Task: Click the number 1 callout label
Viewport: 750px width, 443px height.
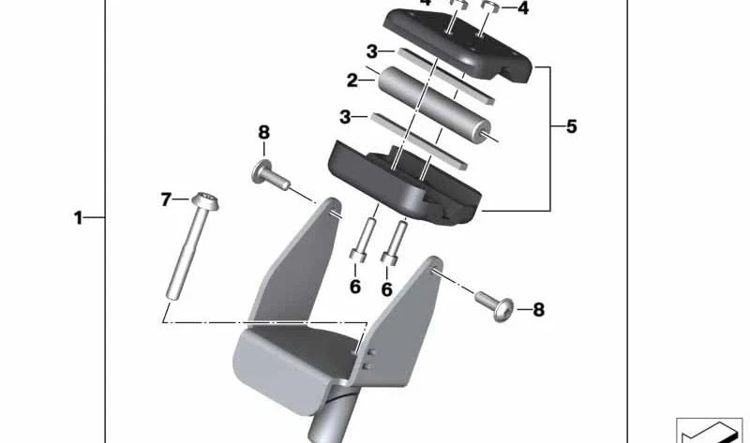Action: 78,218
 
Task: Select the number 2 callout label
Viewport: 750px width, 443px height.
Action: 352,81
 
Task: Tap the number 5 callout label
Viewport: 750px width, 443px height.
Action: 572,126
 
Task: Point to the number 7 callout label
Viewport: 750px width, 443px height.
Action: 166,199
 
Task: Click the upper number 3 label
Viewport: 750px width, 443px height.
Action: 372,52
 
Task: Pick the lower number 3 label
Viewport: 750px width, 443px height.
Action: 345,117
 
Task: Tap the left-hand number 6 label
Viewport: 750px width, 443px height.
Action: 355,287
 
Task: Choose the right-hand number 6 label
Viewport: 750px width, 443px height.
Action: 386,289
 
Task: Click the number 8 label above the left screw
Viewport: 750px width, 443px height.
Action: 264,132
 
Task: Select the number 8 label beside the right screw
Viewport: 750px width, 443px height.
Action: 538,310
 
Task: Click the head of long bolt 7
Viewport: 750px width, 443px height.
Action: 205,201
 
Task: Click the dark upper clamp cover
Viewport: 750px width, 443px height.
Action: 457,44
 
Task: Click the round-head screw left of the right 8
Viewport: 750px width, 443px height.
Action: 495,304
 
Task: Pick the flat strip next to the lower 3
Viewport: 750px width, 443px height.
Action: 419,141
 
